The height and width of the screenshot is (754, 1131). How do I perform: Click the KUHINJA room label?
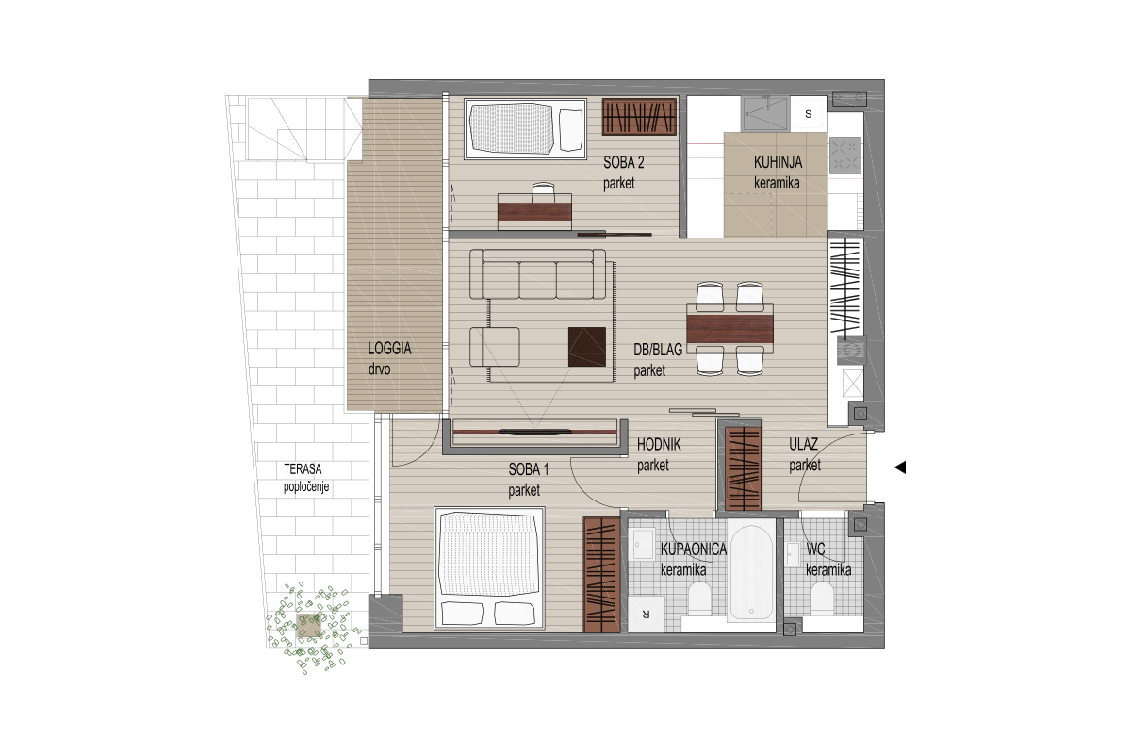click(778, 163)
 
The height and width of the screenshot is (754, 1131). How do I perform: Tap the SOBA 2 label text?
click(624, 163)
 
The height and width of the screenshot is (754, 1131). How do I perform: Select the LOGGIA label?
click(389, 349)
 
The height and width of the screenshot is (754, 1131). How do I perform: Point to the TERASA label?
click(303, 469)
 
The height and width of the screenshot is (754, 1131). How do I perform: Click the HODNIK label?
click(659, 445)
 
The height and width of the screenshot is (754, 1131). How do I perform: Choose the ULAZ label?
click(803, 445)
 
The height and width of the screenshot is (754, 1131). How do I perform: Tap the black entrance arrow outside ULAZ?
click(900, 467)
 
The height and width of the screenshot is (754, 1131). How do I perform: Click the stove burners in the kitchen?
click(845, 155)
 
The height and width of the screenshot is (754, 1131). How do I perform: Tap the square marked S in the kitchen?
click(809, 114)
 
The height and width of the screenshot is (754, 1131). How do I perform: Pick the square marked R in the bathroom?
click(646, 615)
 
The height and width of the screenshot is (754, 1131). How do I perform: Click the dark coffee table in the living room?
click(586, 347)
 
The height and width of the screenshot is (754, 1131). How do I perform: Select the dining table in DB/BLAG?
click(729, 329)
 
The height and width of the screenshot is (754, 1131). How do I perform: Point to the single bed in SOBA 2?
click(525, 129)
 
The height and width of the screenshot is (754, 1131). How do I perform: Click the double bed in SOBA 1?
click(489, 568)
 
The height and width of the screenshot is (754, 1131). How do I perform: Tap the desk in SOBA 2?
click(534, 212)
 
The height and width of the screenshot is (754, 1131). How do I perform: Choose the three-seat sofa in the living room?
click(538, 274)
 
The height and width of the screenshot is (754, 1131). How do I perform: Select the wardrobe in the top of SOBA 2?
click(639, 117)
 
